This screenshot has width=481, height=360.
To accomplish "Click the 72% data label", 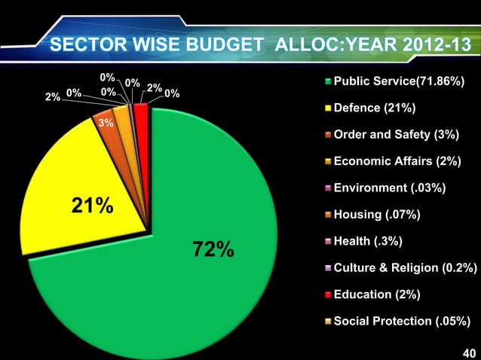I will point(213,249).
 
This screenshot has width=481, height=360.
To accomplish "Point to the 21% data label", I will point(92,205).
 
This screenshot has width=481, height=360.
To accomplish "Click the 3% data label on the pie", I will point(106,123).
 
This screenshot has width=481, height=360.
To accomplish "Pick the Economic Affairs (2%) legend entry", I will point(397,161).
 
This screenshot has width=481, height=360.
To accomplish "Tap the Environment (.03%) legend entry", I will point(389,188).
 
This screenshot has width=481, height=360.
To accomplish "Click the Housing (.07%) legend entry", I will point(376,215).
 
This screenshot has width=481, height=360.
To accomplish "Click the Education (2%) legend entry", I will point(380,295).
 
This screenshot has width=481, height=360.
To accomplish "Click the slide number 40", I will point(468,352).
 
